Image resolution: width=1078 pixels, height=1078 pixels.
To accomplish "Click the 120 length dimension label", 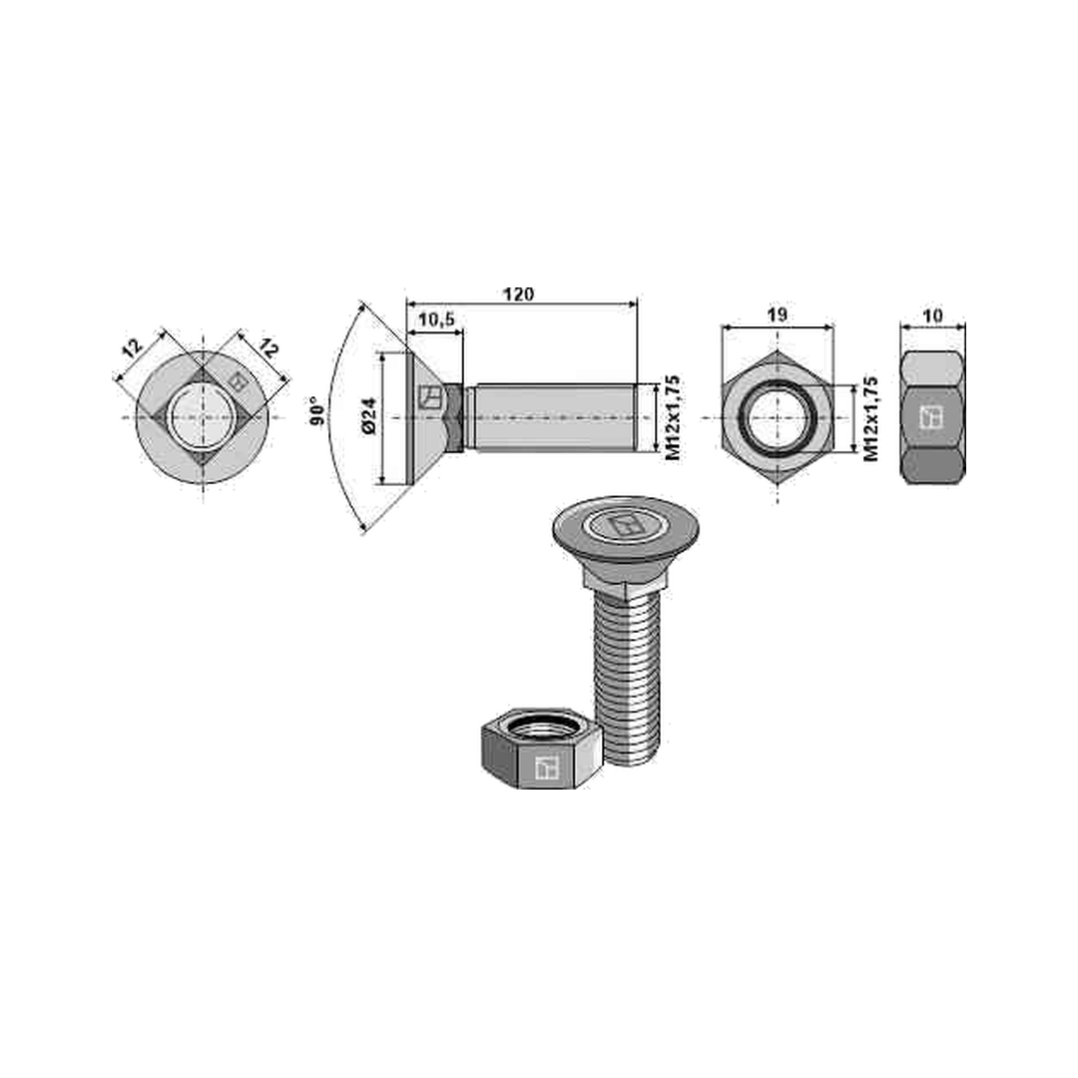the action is coord(518,294).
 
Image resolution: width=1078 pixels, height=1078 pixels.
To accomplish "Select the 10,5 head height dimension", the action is coord(436,319).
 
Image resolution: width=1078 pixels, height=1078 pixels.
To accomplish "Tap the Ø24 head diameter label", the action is coord(369,416).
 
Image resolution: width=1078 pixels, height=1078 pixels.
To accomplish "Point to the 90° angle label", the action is coord(317,411).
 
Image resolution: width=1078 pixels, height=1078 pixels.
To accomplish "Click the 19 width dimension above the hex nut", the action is coord(777,314).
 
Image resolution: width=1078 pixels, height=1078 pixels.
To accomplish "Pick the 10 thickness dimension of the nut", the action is coord(933,315).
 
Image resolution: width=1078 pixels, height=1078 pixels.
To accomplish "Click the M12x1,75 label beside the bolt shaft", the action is coord(673,417).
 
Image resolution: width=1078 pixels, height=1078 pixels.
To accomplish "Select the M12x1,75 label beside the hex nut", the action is coord(871,418).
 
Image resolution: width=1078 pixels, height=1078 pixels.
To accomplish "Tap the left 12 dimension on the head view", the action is coord(133,348).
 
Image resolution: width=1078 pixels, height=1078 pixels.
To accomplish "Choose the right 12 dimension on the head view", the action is coord(269,348).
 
